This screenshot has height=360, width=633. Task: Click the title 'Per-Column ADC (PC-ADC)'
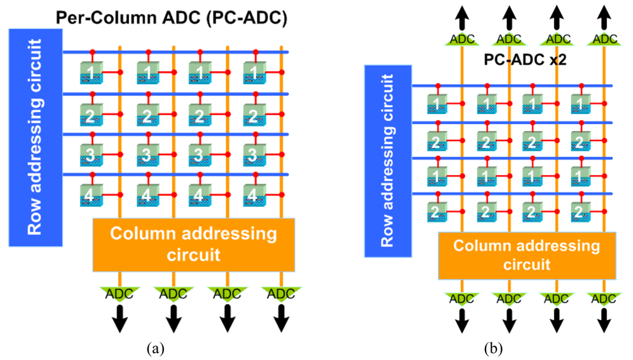[171, 19]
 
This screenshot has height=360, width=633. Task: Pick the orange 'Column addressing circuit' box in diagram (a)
[193, 244]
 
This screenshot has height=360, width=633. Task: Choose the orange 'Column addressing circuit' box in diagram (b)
[527, 254]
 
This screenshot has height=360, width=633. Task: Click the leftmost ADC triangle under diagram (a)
[118, 294]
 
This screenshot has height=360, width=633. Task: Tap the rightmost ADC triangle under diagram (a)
[281, 294]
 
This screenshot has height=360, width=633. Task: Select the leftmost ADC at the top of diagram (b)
[461, 39]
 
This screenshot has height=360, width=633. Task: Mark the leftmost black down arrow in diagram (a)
[118, 320]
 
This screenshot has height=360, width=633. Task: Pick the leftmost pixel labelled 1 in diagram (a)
[92, 73]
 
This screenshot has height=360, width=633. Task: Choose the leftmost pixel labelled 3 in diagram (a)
[92, 154]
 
